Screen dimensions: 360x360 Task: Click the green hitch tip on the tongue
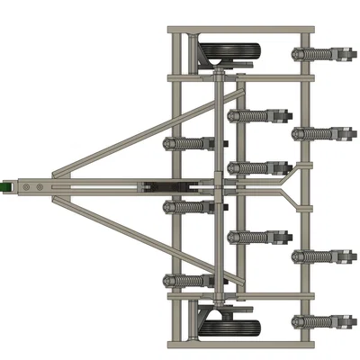click(4, 185)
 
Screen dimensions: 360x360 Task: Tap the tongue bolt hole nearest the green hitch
click(26, 186)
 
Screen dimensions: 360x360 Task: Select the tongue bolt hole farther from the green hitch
click(40, 186)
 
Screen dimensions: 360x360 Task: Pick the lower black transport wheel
click(228, 320)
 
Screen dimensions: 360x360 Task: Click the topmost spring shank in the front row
click(189, 143)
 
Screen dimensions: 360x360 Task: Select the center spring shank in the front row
click(189, 208)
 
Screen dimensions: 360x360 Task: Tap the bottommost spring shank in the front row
click(189, 280)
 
